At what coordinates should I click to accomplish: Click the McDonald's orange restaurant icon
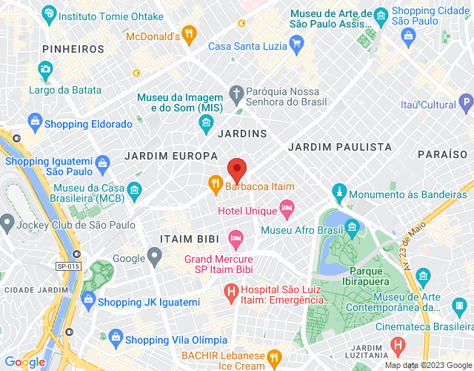tap(190, 33)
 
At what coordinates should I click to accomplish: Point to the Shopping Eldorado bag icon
tap(34, 121)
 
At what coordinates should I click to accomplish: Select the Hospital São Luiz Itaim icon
tap(230, 293)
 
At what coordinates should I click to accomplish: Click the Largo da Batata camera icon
tap(45, 70)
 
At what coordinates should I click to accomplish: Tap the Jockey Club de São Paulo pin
tap(7, 221)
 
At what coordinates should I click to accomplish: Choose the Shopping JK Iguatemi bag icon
tap(88, 301)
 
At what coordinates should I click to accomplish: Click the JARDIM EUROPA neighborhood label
tap(171, 156)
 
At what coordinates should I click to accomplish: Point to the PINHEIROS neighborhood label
tap(73, 49)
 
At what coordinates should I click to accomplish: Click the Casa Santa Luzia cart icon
tap(297, 42)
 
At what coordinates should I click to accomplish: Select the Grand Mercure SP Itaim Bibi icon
tap(236, 239)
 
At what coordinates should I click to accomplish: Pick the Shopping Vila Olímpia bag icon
tap(116, 338)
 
